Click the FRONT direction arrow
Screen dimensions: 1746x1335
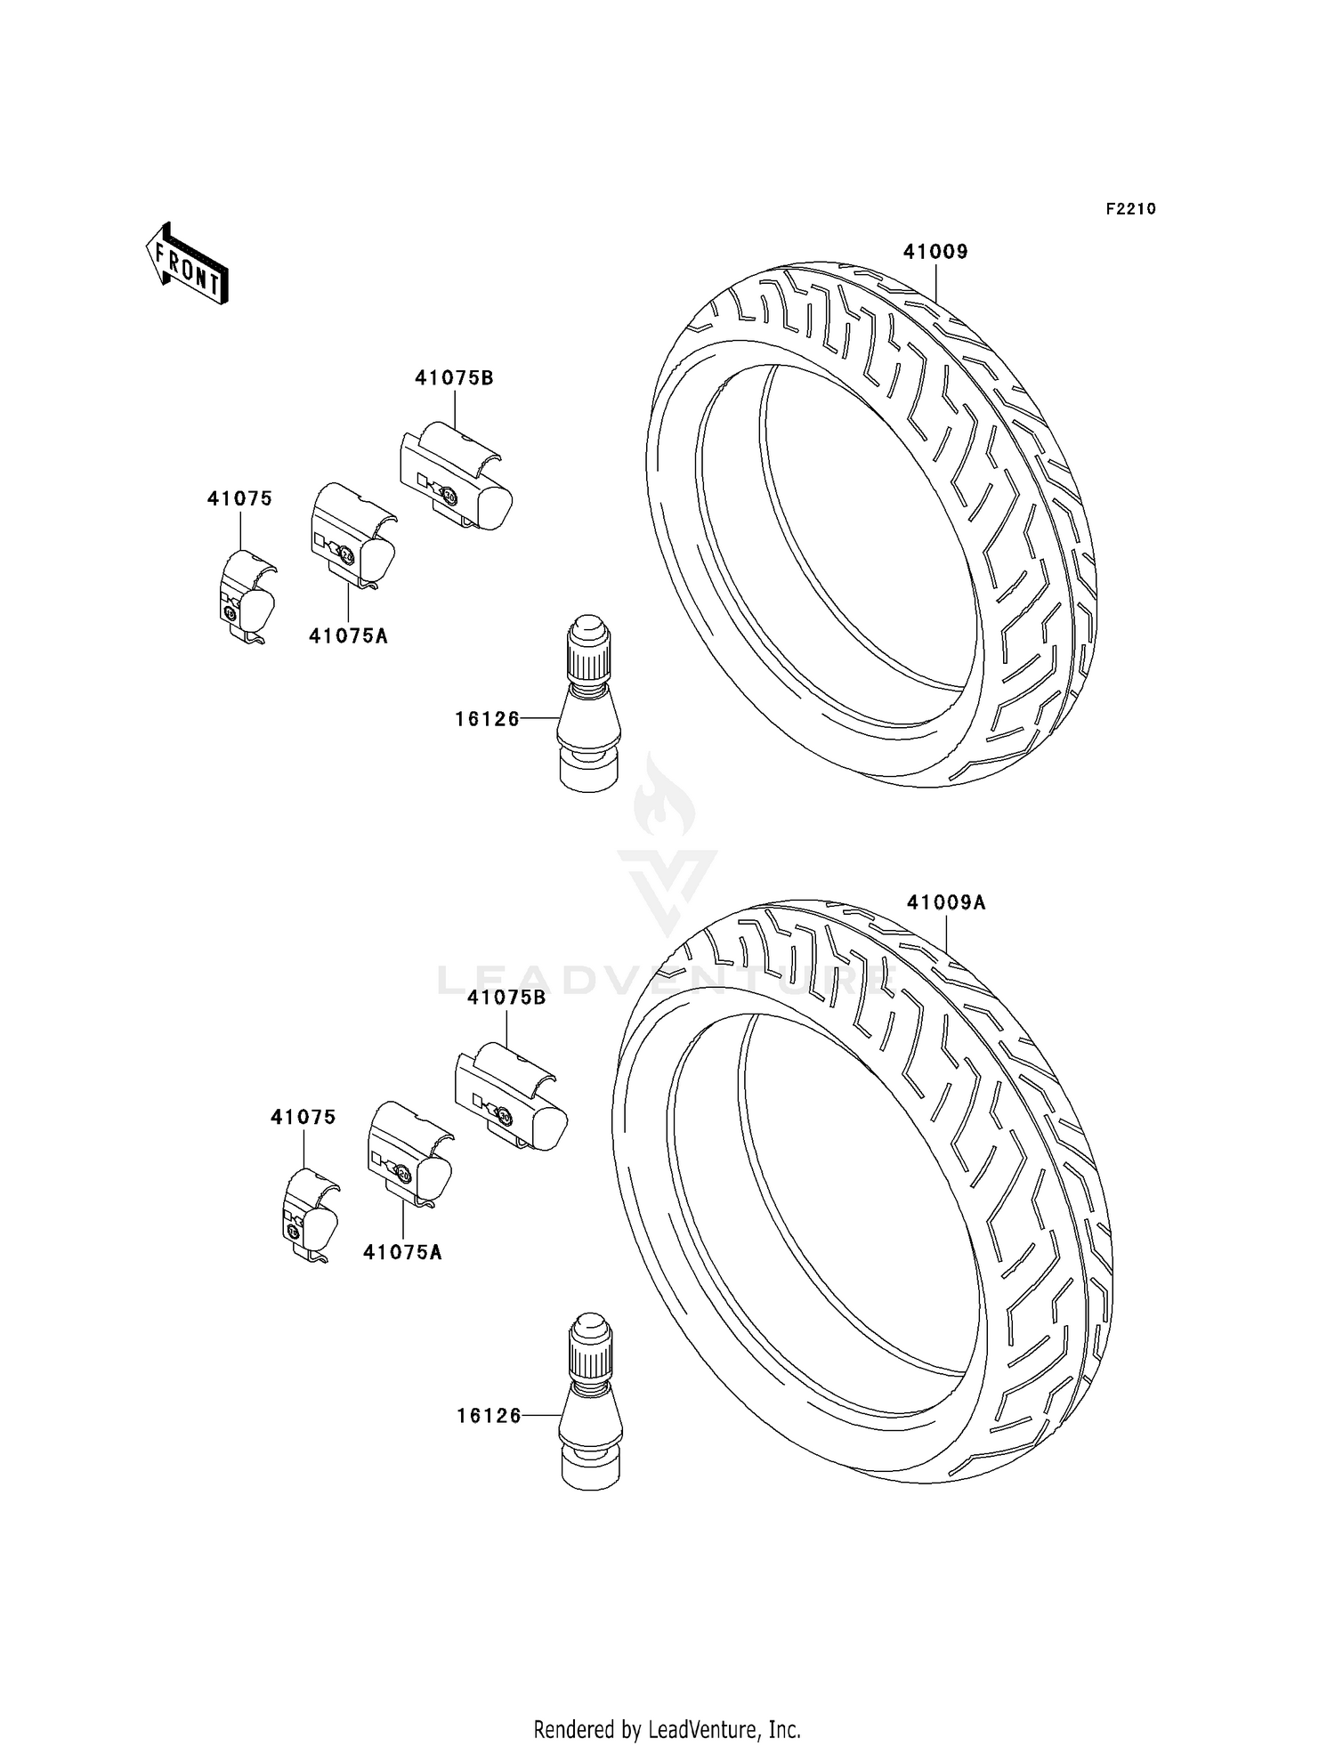point(187,265)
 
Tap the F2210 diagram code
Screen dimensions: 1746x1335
point(1130,209)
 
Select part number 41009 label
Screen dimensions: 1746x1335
point(934,252)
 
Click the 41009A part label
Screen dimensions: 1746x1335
point(946,902)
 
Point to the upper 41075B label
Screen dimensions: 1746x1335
point(453,377)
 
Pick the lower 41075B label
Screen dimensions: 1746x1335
point(506,998)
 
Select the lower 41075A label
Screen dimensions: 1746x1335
point(402,1252)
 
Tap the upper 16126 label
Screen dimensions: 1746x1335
point(487,718)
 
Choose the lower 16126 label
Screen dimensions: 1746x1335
point(489,1415)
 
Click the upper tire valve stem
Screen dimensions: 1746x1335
point(588,703)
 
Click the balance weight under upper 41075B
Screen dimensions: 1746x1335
point(456,477)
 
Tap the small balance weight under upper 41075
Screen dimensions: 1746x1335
point(247,594)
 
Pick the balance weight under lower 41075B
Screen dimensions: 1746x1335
point(510,1096)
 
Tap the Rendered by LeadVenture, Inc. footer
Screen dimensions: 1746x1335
point(667,1729)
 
